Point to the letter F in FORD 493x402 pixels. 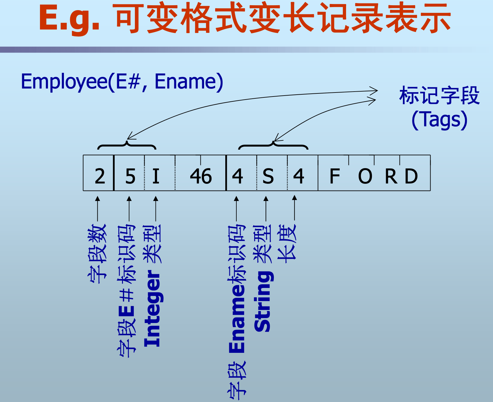334,176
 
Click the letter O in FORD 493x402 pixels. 365,176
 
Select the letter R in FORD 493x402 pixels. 391,176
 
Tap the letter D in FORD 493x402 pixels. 411,176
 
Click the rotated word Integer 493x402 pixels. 153,309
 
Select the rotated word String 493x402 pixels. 263,301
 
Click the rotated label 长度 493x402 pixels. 287,243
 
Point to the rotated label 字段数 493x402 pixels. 97,253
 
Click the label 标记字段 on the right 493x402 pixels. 439,95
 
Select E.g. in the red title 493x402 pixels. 69,18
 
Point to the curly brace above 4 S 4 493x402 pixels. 273,145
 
